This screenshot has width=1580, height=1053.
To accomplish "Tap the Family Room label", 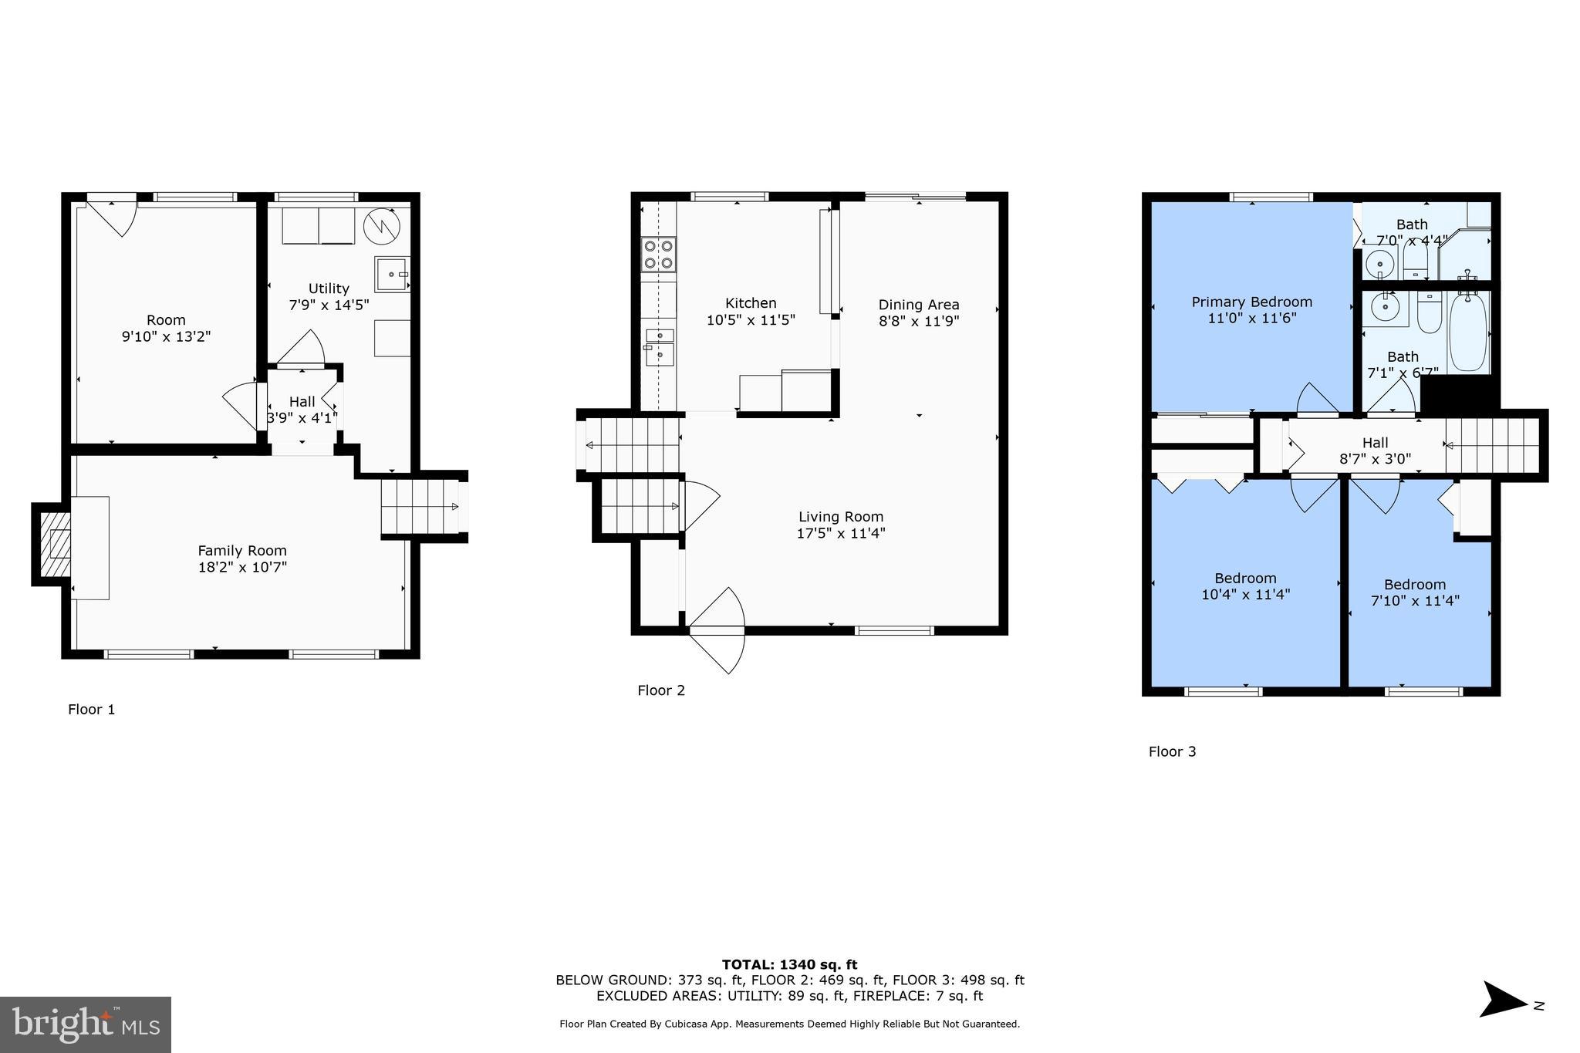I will click(x=242, y=551).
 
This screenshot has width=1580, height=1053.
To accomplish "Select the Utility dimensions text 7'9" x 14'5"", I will click(x=329, y=305).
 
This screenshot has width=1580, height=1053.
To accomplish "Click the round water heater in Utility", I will click(x=382, y=225).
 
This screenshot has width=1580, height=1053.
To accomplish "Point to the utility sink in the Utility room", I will click(x=393, y=274).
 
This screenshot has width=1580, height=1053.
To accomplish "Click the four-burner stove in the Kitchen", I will click(x=659, y=255).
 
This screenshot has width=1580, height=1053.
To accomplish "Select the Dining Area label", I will click(x=918, y=305).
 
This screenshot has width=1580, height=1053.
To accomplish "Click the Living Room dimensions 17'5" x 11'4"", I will click(x=840, y=533).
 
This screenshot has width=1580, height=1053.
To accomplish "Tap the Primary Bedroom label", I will click(x=1251, y=302).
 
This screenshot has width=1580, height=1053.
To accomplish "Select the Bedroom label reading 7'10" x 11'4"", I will click(x=1414, y=592).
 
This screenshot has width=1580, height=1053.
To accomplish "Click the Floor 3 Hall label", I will click(x=1375, y=443).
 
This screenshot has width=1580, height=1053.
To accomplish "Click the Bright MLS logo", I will click(x=86, y=1024).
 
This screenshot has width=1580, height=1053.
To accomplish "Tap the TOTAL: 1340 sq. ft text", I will click(x=789, y=964).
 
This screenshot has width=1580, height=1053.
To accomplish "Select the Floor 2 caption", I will click(x=661, y=690).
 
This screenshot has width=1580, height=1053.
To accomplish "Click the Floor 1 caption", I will click(x=91, y=710).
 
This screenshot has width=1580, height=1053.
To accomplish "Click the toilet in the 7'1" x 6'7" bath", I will click(x=1429, y=313).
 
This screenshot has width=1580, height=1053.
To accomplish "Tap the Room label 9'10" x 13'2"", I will click(x=166, y=328).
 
